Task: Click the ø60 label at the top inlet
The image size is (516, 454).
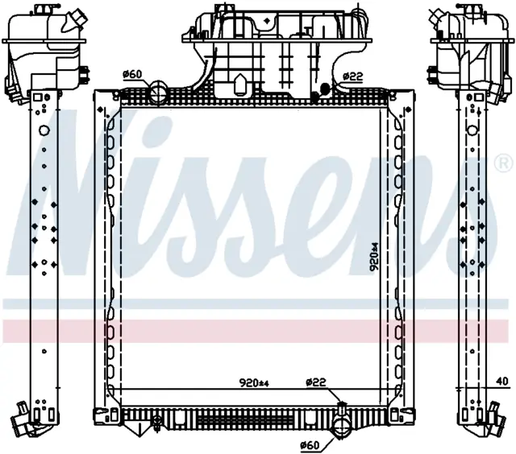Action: [x=132, y=75]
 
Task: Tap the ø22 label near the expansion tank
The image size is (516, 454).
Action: [x=353, y=76]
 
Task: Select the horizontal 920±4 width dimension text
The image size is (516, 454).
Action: [x=254, y=382]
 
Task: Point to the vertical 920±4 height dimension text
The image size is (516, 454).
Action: [x=374, y=257]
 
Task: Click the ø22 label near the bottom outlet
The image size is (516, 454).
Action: [x=315, y=382]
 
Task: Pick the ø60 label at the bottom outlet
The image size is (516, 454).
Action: [x=310, y=445]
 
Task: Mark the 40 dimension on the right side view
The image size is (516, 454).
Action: [x=502, y=382]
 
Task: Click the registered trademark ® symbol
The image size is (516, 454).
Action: [x=504, y=163]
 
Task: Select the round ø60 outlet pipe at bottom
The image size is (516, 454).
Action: [x=342, y=428]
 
